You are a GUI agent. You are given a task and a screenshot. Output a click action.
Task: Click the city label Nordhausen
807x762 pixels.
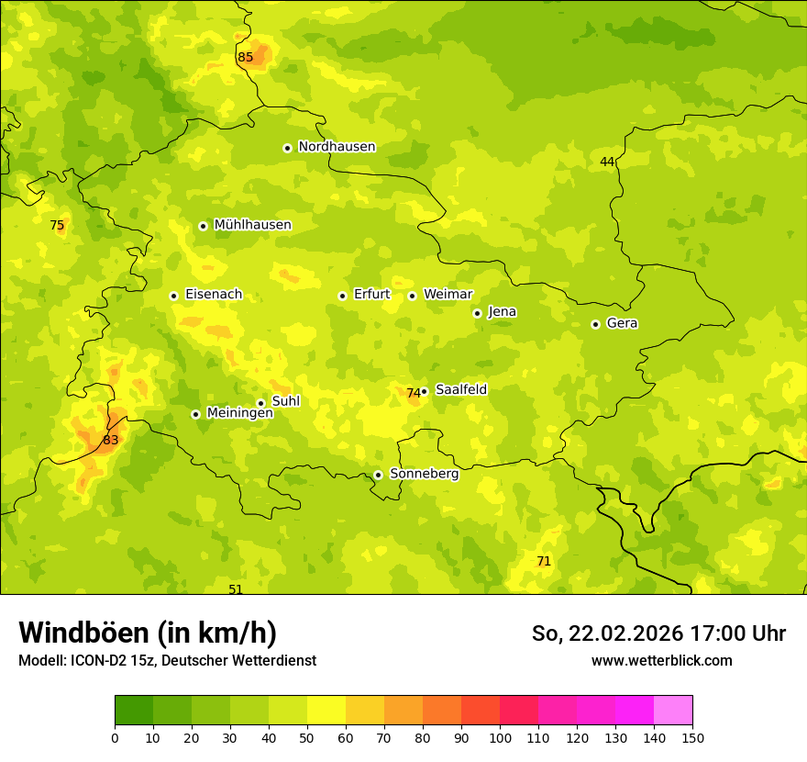[x=337, y=147]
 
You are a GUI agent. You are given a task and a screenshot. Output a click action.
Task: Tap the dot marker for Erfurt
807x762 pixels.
[x=342, y=296]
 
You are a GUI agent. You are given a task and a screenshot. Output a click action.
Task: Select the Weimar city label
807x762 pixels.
[x=448, y=295]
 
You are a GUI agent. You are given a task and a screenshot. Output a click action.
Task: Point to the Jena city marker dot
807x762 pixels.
[x=477, y=313]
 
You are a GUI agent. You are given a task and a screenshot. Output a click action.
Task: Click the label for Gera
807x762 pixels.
[x=622, y=323]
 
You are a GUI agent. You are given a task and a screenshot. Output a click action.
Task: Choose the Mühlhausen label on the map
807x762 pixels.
[x=252, y=225]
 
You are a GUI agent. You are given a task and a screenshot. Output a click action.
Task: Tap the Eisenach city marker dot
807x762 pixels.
[x=173, y=296]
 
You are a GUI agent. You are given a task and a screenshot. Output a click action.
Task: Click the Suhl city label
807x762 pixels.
[x=285, y=401]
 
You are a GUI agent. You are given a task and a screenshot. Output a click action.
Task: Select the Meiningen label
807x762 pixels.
[x=240, y=413]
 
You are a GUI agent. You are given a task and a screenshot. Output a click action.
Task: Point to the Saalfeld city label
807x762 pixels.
[x=460, y=390]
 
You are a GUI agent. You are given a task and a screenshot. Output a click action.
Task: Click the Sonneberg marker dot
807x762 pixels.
[x=378, y=475]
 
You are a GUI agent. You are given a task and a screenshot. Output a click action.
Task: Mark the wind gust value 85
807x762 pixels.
[x=245, y=58]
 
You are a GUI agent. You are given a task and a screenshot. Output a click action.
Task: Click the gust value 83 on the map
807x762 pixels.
[x=110, y=441]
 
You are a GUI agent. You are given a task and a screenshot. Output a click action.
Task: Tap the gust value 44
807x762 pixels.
[x=607, y=162]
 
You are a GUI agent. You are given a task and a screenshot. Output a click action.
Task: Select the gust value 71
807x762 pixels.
[x=544, y=562]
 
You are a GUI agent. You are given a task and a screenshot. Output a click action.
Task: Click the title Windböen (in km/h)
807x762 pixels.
[x=148, y=633]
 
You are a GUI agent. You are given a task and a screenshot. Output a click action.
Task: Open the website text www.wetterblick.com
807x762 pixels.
[x=661, y=661]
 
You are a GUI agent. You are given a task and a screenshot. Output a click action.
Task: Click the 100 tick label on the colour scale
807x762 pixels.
[x=500, y=737]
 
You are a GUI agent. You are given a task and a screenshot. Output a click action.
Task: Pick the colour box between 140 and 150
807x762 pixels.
[x=673, y=711]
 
